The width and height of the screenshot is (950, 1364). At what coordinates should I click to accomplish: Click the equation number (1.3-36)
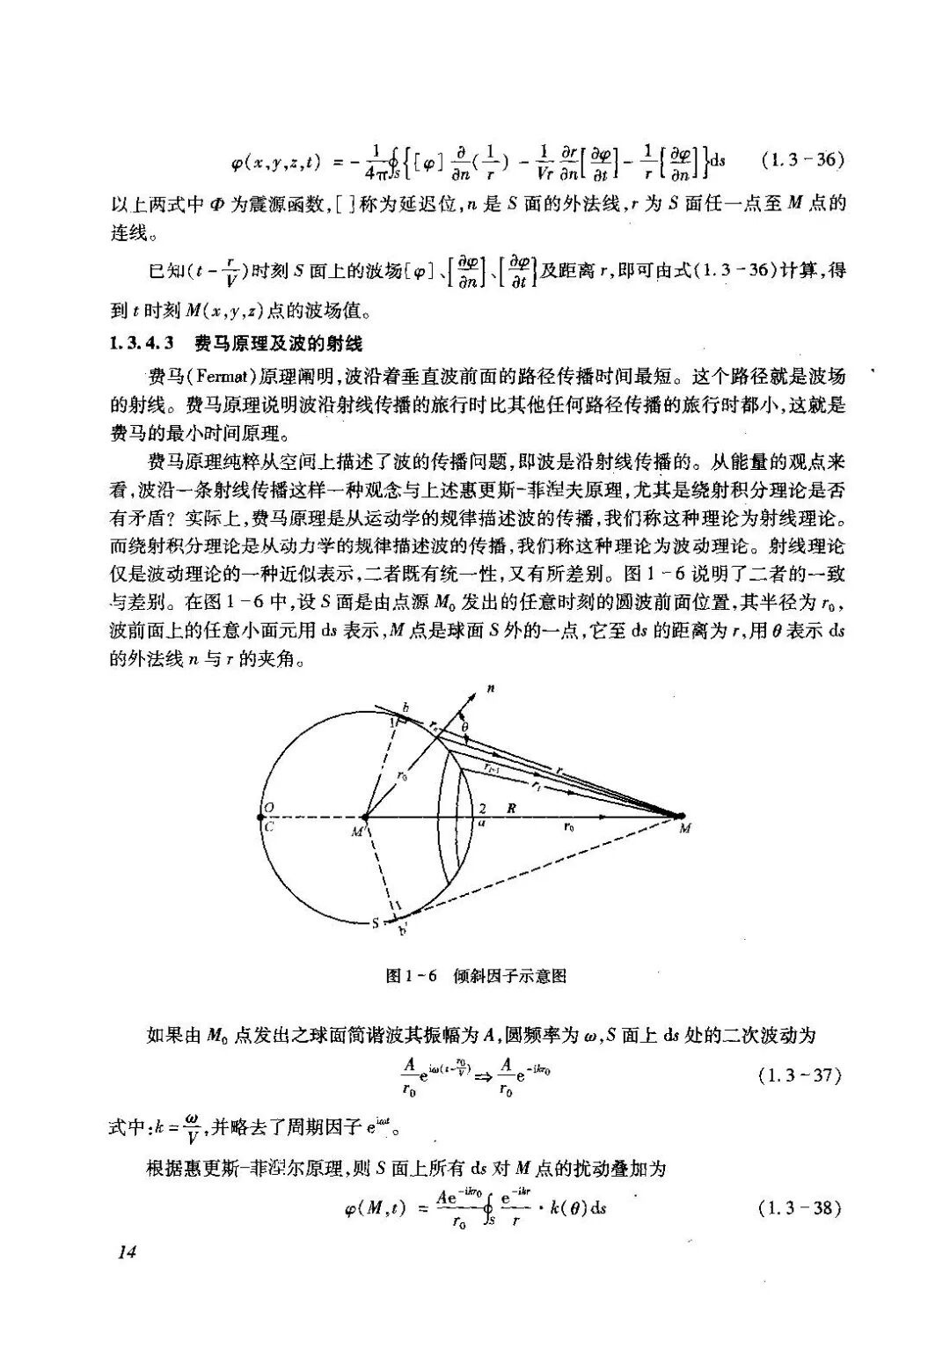coord(801,160)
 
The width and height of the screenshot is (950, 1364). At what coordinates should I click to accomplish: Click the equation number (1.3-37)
coord(800,1075)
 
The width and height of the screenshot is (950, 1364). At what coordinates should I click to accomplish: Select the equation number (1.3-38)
coord(800,1207)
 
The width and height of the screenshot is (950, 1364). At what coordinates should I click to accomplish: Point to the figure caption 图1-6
coord(412,976)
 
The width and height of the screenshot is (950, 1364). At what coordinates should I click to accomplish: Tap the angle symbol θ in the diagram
coord(465,727)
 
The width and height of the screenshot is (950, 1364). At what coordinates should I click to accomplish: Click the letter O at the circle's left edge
coord(269,807)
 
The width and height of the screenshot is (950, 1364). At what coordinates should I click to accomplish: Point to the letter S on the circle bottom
coord(375,924)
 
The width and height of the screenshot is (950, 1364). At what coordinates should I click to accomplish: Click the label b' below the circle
coord(404,929)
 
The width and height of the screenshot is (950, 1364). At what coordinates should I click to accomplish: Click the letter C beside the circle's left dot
coord(269,826)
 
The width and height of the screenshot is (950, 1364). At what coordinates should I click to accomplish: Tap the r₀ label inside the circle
coord(401,777)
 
